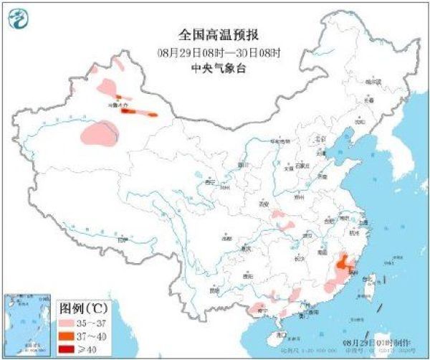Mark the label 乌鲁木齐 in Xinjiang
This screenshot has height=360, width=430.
point(118,105)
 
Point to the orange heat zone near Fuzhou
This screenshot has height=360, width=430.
point(346,262)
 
